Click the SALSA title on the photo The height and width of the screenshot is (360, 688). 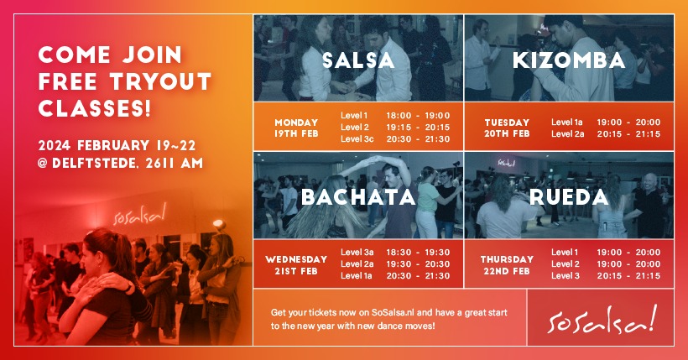[x=358, y=60]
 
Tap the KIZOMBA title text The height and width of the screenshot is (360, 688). [x=569, y=60]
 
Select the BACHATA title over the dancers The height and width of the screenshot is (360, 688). [x=358, y=197]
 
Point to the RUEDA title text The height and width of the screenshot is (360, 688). [x=569, y=197]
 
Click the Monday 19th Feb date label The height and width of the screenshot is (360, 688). [x=296, y=128]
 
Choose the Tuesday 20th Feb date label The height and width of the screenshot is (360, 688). [x=508, y=128]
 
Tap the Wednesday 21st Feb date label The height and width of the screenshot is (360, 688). [x=296, y=264]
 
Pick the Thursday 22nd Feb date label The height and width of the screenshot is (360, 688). [x=508, y=264]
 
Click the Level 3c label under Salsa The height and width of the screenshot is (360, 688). [x=357, y=139]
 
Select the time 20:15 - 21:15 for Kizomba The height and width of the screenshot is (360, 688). [x=628, y=134]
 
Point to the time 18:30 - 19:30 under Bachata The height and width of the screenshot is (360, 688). [x=418, y=253]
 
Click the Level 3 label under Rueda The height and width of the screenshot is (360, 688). [x=566, y=276]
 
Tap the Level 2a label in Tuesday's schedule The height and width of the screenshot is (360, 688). [x=567, y=134]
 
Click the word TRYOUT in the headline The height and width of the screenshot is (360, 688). [x=160, y=81]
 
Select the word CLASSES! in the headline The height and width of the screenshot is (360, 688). [x=95, y=108]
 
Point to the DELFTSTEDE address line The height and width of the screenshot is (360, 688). [x=121, y=164]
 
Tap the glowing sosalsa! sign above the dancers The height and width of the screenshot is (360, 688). [x=139, y=214]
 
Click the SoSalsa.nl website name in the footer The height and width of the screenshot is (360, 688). [x=394, y=312]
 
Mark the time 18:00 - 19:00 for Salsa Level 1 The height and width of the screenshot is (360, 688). [x=418, y=116]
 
